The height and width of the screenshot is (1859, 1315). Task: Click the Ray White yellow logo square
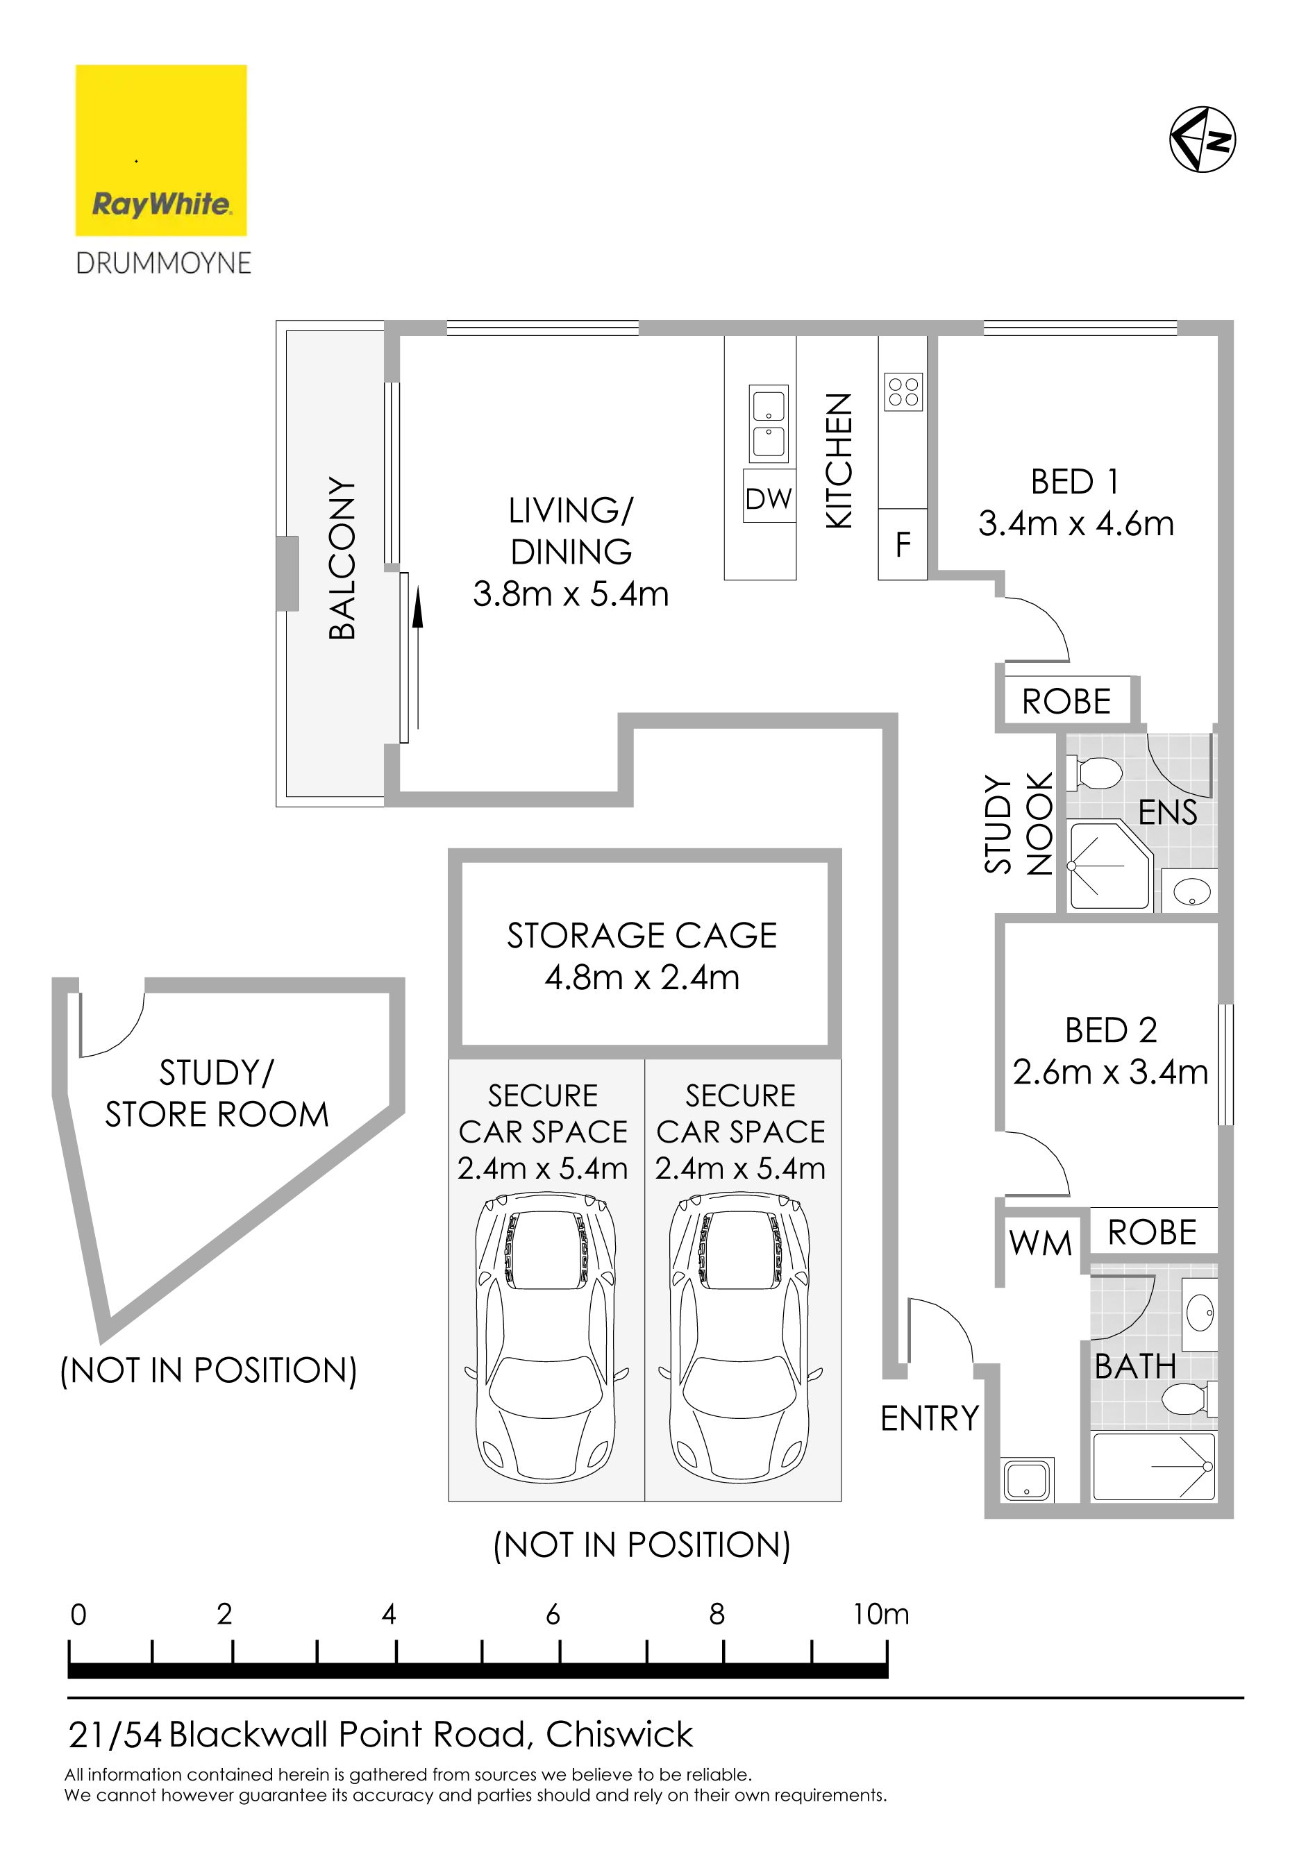pos(161,151)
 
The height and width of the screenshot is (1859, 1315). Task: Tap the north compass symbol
pos(1203,140)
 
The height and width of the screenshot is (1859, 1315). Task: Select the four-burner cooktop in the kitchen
pos(904,393)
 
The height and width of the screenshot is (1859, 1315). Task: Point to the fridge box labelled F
pos(903,544)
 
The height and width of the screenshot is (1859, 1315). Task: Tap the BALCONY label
pos(342,559)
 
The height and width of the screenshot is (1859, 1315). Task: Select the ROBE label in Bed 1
pos(1066,701)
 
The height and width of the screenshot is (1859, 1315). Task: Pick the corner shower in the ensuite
pos(1110,865)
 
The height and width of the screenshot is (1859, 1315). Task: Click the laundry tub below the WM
pos(1028,1480)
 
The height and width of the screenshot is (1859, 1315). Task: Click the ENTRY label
pos(930,1418)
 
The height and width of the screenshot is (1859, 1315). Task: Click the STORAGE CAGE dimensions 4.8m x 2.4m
pos(642,977)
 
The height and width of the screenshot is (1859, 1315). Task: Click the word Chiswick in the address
pos(619,1735)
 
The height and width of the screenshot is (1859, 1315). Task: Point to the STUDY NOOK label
pos(1019,824)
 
